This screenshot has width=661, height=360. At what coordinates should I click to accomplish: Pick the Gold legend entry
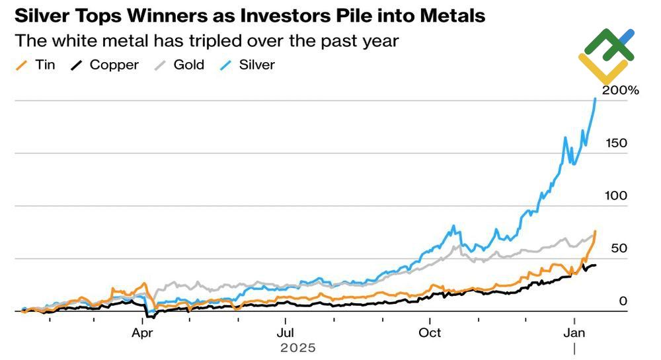(188, 65)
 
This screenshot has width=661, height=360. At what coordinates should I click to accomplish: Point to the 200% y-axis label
(620, 90)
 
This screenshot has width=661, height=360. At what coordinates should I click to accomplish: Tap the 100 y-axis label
(615, 196)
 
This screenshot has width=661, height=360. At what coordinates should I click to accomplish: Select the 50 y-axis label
(619, 248)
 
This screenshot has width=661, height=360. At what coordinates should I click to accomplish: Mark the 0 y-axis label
(623, 301)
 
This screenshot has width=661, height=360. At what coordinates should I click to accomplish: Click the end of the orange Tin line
(596, 231)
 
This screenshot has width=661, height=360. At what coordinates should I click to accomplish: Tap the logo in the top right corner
(607, 56)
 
